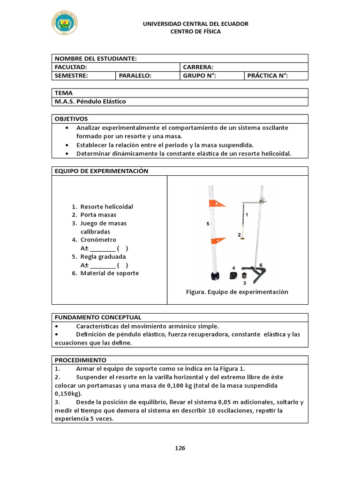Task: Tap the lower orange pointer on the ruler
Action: pos(218,240)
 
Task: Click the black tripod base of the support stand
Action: pos(258,274)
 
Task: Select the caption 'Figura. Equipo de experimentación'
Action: pos(237,292)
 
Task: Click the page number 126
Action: pos(180,448)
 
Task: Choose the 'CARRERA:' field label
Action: pos(198,67)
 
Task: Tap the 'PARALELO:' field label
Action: pos(135,75)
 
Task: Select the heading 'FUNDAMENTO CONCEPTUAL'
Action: pos(98,317)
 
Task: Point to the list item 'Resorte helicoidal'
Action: pos(107,207)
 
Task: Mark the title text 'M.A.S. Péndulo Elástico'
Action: pos(90,101)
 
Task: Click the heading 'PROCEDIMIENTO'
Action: pos(81,360)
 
